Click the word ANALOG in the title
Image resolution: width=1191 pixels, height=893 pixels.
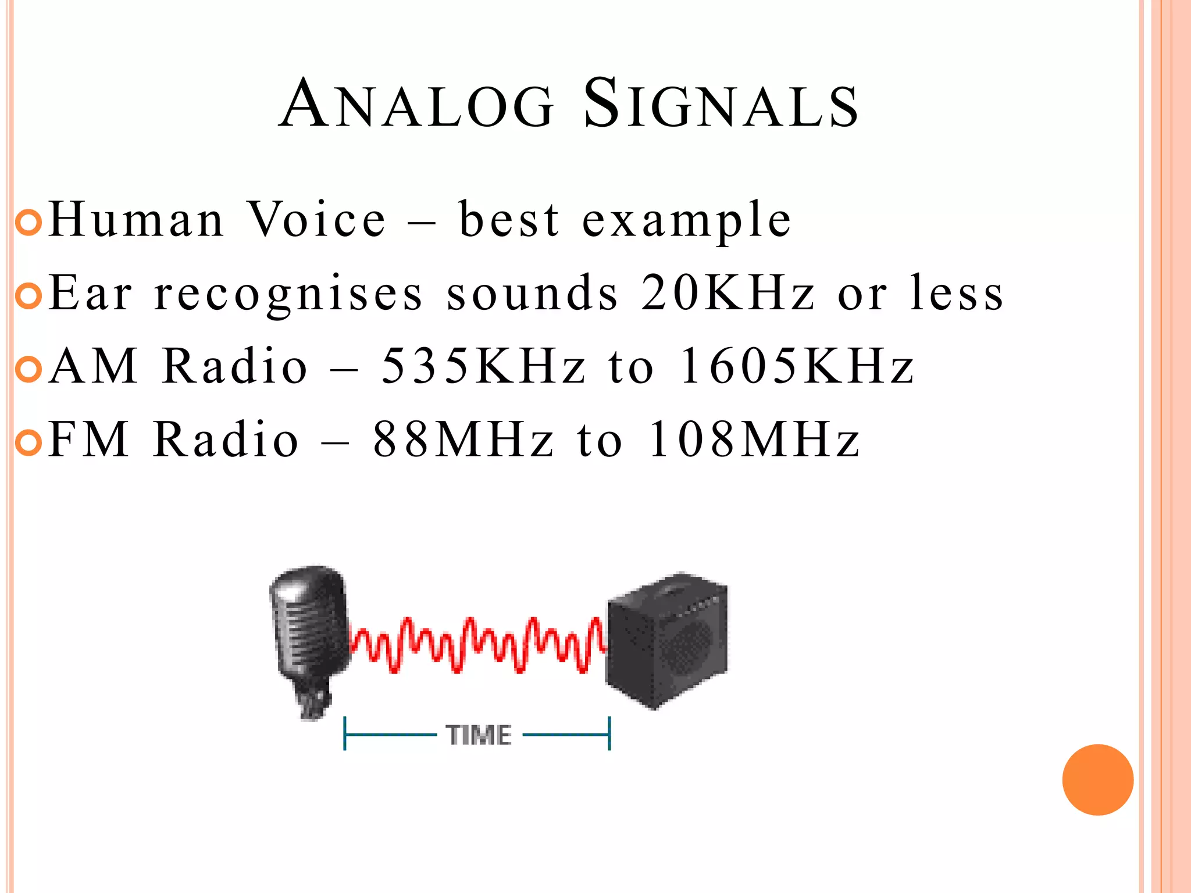click(416, 105)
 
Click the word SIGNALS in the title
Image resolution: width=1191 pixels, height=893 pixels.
click(721, 105)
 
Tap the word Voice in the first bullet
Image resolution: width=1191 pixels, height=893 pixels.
click(317, 220)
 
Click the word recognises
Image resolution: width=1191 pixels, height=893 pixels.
click(288, 294)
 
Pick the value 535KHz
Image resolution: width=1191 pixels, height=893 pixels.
click(483, 366)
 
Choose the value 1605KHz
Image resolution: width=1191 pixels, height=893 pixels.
click(797, 366)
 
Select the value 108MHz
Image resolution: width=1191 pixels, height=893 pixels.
click(754, 440)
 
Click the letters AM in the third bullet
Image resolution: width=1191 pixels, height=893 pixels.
click(94, 366)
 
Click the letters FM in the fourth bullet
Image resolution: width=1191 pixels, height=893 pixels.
click(88, 440)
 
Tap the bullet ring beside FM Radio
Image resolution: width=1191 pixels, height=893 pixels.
click(28, 443)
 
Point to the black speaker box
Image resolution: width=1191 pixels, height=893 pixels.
click(666, 640)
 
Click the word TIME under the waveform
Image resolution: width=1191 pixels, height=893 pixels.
click(479, 735)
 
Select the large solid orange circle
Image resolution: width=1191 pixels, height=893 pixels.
click(1097, 780)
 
